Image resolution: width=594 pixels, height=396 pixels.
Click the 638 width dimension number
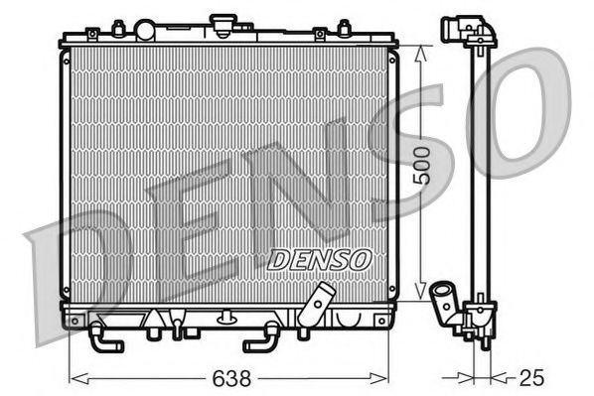pos(228,378)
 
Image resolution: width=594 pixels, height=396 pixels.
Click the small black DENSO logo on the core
pos(320,258)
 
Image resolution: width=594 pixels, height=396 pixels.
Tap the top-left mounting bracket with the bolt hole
pos(91,35)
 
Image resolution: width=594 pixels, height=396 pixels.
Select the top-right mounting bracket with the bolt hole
pos(320,35)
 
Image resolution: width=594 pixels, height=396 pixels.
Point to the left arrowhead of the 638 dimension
pos(74,378)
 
